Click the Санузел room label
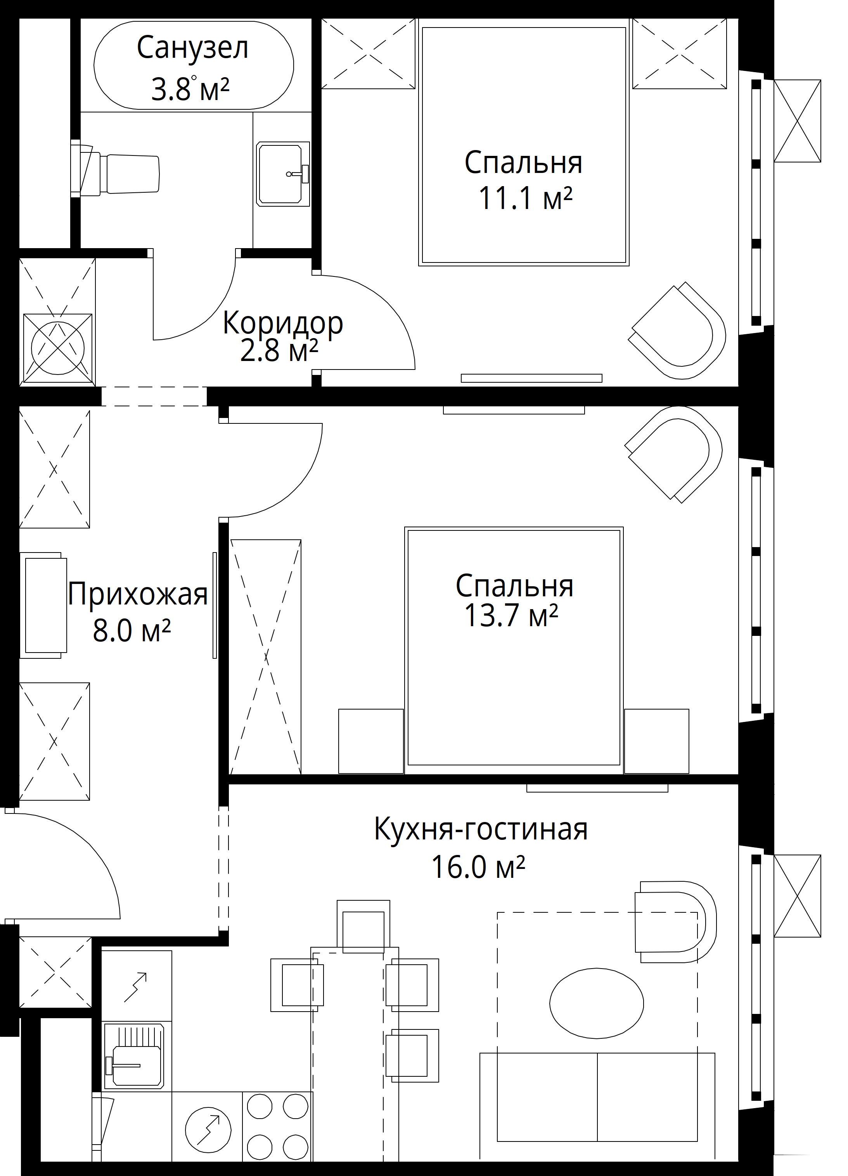(192, 48)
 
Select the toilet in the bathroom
(115, 169)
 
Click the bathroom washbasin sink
(283, 174)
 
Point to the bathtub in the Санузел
(194, 65)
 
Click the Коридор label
(283, 323)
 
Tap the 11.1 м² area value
(525, 198)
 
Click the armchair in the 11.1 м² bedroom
(677, 331)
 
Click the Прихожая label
(137, 594)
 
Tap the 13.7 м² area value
(511, 615)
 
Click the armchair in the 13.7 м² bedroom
(673, 454)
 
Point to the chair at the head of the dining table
(363, 926)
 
